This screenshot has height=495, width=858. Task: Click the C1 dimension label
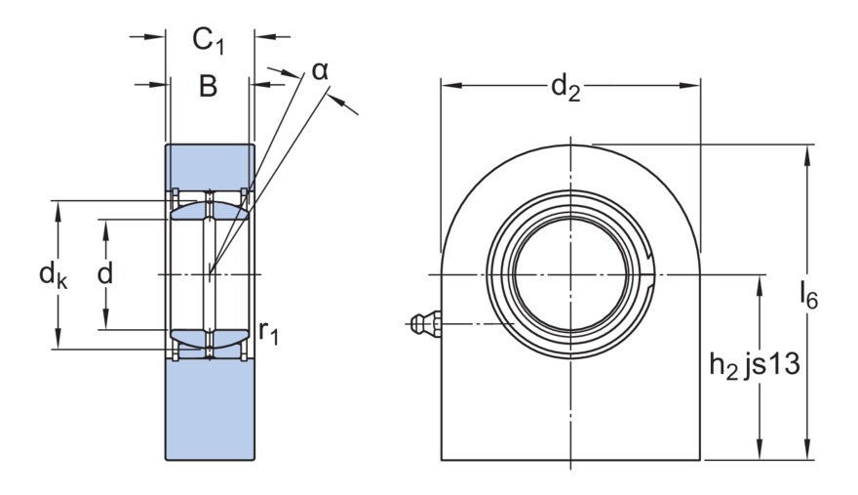click(x=208, y=41)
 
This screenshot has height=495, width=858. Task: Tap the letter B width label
click(x=208, y=86)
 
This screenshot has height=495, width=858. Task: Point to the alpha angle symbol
click(x=320, y=70)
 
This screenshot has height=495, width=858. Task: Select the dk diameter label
click(x=53, y=274)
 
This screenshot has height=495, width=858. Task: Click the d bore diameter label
click(x=105, y=273)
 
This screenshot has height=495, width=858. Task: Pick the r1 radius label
click(x=268, y=332)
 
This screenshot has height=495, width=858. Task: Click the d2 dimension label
click(x=565, y=88)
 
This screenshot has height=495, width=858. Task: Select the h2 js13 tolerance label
click(x=755, y=365)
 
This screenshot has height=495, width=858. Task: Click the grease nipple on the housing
click(x=426, y=324)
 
